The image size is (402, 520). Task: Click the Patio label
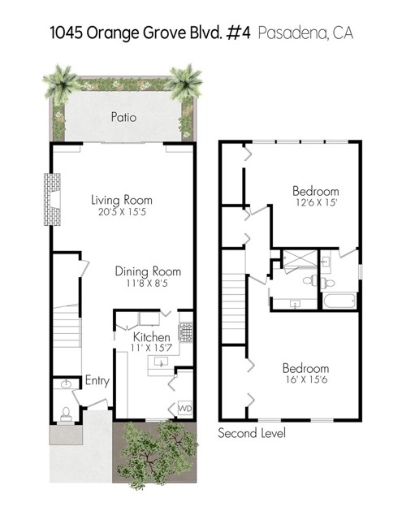pyautogui.click(x=123, y=117)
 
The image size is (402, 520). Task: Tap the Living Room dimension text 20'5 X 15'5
pyautogui.click(x=122, y=212)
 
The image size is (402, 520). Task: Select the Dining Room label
pyautogui.click(x=148, y=271)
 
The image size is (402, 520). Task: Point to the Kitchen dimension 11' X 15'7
pyautogui.click(x=151, y=348)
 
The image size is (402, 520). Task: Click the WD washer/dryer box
pyautogui.click(x=185, y=408)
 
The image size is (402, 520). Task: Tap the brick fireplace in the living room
pyautogui.click(x=52, y=199)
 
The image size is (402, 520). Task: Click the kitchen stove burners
pyautogui.click(x=186, y=331)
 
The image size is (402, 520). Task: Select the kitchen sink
pyautogui.click(x=161, y=362)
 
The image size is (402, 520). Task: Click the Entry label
pyautogui.click(x=97, y=380)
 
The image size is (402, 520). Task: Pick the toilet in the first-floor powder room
pyautogui.click(x=66, y=414)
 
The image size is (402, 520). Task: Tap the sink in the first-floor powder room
pyautogui.click(x=67, y=384)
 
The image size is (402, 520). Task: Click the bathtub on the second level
pyautogui.click(x=339, y=301)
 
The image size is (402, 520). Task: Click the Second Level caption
pyautogui.click(x=252, y=433)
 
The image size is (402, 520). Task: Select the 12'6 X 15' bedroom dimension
pyautogui.click(x=316, y=202)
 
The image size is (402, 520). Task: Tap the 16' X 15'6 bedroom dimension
pyautogui.click(x=306, y=379)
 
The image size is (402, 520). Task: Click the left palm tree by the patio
pyautogui.click(x=61, y=83)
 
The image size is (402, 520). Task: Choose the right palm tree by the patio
pyautogui.click(x=184, y=83)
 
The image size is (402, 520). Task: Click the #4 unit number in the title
pyautogui.click(x=238, y=33)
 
